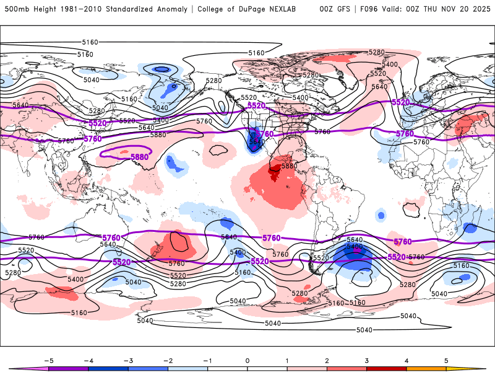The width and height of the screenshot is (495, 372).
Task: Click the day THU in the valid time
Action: pos(437,9)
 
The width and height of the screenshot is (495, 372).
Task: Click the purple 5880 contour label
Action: pos(140,157)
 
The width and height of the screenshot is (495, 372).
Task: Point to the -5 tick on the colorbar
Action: pos(49,360)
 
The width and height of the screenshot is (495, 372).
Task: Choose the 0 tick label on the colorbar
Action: pos(247,360)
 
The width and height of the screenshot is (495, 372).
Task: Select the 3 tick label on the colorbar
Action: pos(367,360)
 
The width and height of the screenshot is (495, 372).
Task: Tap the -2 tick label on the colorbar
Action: pos(168,360)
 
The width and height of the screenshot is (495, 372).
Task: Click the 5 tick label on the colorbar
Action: pos(446,360)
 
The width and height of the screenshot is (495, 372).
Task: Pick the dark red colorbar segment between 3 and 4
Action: pos(387,368)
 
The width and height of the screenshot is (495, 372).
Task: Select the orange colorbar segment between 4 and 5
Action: pos(426,368)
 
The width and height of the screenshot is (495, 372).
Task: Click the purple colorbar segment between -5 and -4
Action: pos(69,368)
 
